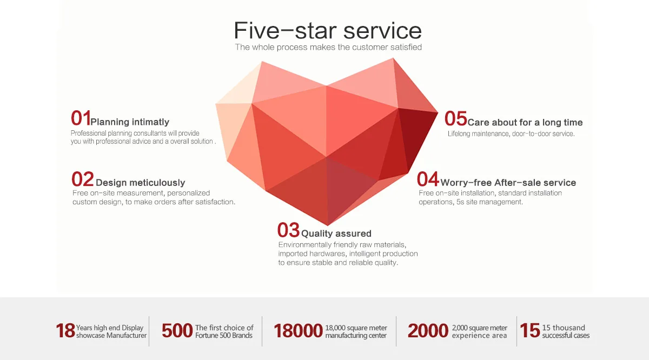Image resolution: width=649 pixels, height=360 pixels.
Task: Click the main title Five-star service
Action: pos(328,30)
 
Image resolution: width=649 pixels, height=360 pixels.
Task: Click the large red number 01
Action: pos(81,118)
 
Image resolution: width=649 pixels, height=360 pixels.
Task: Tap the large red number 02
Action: pos(83,179)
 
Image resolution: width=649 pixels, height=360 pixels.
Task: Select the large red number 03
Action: pos(288,230)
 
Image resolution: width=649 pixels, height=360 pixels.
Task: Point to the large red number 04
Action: pos(428,179)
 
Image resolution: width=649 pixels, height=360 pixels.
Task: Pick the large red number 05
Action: pos(456,118)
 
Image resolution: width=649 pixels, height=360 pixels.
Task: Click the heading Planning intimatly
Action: pos(130,122)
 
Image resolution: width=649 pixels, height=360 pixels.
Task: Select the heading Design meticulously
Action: pos(140,183)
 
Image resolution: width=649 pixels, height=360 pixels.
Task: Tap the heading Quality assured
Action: pos(336,234)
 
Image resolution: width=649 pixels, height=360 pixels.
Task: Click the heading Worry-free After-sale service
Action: pos(508,183)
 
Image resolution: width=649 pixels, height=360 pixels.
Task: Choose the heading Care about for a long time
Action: pos(525,122)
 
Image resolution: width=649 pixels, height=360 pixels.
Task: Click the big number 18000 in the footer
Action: pos(298,331)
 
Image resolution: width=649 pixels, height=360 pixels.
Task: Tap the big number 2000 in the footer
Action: pos(428,331)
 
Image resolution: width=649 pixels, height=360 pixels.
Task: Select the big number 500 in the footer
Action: pos(177,331)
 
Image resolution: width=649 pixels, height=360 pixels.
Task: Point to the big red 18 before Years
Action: pos(65,331)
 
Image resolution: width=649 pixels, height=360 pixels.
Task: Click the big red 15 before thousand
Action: pos(530,330)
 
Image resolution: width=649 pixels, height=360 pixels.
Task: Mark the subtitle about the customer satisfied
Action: pos(328,47)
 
